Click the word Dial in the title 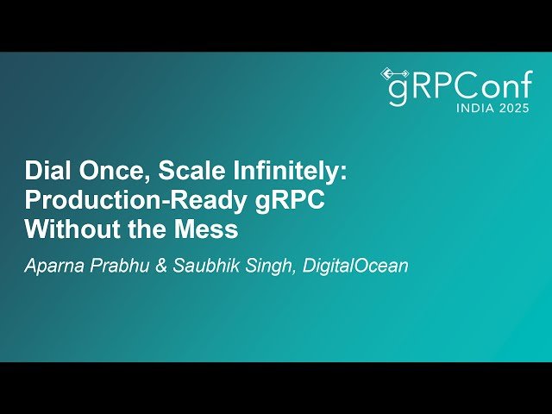(46, 171)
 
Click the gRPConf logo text (457, 88)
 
